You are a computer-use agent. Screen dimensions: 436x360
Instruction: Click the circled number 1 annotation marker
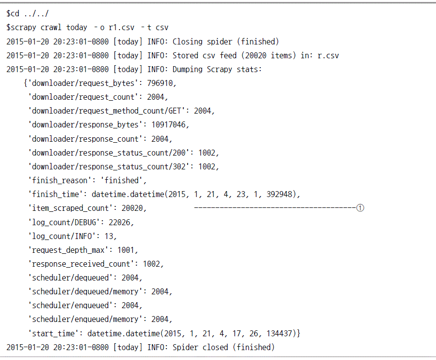(360, 208)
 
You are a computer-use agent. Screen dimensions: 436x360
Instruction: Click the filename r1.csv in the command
(121, 28)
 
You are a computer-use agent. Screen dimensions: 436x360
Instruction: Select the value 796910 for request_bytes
(160, 83)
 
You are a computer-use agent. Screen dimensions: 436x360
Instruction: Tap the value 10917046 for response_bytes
(168, 124)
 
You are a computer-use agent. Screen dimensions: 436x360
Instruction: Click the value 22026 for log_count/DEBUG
(119, 222)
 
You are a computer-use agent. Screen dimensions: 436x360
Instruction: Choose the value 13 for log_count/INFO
(109, 236)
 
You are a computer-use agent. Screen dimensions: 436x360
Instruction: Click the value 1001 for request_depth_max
(126, 250)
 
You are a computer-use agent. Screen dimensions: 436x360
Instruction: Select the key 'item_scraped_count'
(69, 208)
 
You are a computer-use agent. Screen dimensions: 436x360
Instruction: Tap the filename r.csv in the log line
(328, 56)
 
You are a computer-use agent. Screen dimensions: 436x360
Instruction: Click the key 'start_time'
(51, 333)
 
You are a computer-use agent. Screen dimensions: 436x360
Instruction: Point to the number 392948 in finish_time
(279, 194)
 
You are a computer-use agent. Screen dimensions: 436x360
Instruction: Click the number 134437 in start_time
(279, 333)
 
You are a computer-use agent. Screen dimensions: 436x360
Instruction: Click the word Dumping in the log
(188, 70)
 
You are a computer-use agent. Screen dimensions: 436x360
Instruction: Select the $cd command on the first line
(13, 13)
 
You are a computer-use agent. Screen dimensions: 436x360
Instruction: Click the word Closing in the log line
(188, 41)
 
